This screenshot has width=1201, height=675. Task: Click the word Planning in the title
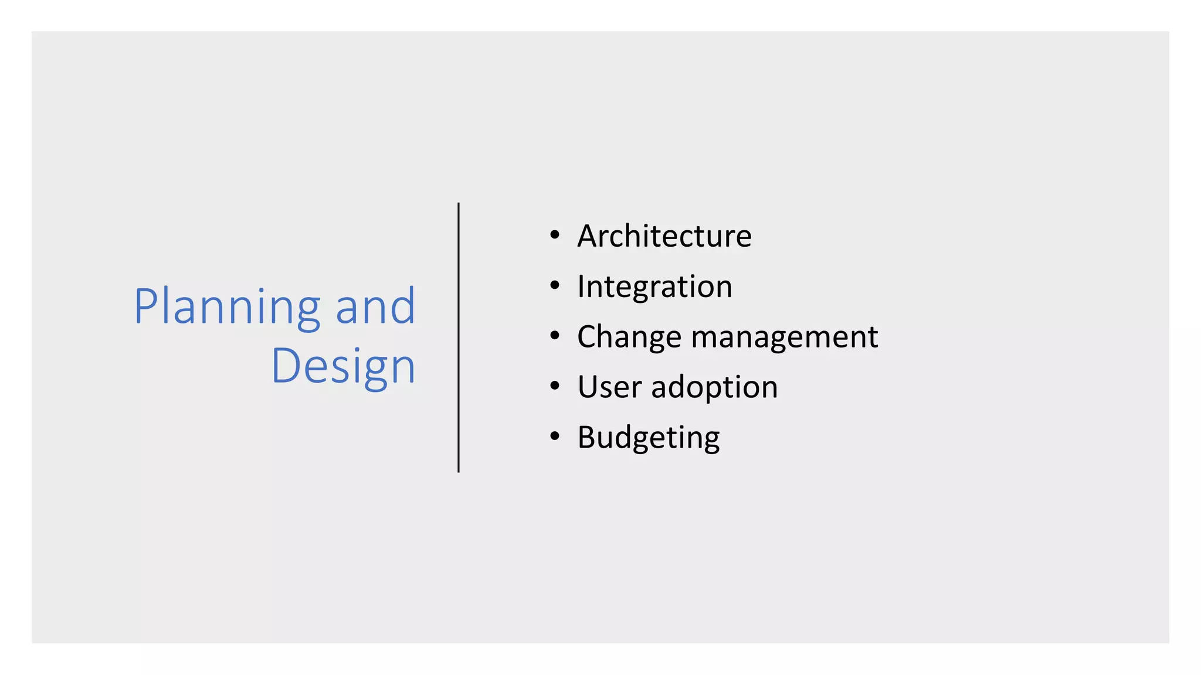pos(227,307)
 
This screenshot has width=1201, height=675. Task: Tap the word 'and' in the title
pos(375,307)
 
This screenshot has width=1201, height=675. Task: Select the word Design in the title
pos(343,367)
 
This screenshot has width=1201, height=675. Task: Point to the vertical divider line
pos(459,337)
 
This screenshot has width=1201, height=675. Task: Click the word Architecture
pos(664,236)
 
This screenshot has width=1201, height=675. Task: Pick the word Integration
pos(654,287)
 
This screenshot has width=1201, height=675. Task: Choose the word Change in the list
pos(629,337)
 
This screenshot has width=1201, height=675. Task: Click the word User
pos(610,387)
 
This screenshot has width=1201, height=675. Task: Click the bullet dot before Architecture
pos(555,236)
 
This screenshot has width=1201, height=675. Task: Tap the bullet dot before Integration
pos(555,286)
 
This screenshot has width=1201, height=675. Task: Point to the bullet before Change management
pos(555,336)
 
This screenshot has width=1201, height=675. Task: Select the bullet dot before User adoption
pos(555,387)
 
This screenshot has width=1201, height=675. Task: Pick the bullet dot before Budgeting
pos(555,437)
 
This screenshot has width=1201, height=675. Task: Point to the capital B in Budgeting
pos(588,438)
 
